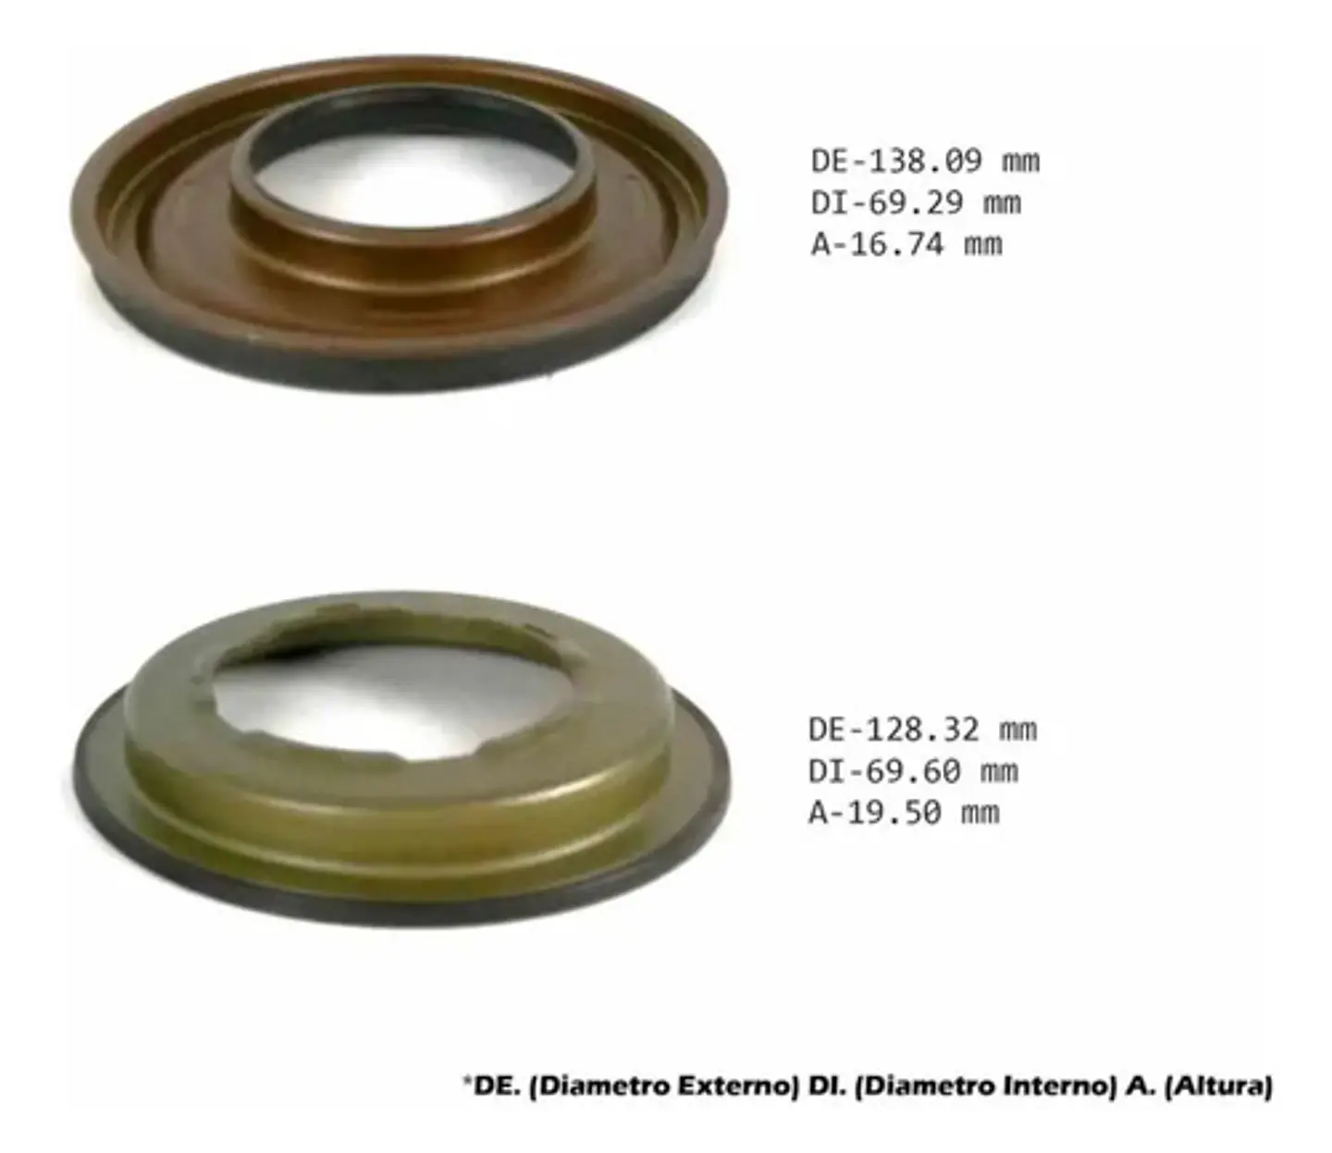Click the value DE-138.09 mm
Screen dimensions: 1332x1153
[x=925, y=161]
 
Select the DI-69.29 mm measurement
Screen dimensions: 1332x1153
[x=916, y=202]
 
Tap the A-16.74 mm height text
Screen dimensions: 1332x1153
[x=906, y=245]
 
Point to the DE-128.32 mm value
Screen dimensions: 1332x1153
[x=923, y=730]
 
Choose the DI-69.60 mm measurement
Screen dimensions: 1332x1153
[x=913, y=771]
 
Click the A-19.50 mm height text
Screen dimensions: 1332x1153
[x=904, y=813]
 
